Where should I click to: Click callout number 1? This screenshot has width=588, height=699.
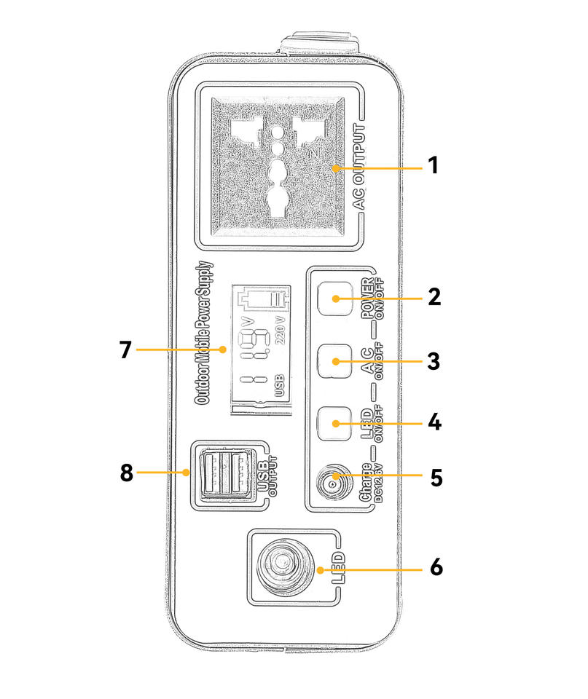[x=434, y=166]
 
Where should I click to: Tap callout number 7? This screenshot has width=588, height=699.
[x=126, y=350]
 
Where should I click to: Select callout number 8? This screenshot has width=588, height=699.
[x=126, y=473]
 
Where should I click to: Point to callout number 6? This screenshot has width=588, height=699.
[x=435, y=567]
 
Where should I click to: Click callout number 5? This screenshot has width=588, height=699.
[x=435, y=478]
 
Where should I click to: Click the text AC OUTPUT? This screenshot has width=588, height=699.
[x=362, y=167]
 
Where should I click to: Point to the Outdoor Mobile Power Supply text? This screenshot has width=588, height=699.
[x=203, y=333]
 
